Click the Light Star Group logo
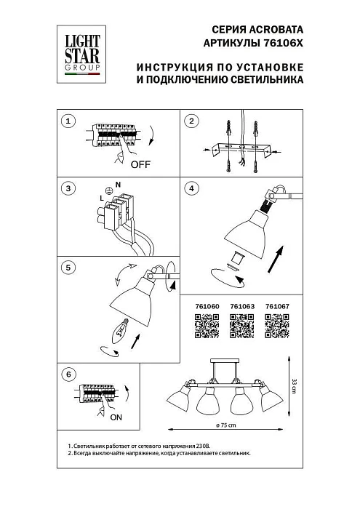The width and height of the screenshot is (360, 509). click(79, 49)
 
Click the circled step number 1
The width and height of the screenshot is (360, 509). click(68, 121)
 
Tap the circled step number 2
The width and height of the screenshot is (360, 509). click(191, 121)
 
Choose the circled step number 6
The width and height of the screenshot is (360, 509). click(68, 375)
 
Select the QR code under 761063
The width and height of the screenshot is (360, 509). click(242, 329)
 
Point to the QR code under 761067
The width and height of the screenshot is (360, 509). click(276, 329)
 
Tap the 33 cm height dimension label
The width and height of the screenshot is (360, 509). click(294, 387)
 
